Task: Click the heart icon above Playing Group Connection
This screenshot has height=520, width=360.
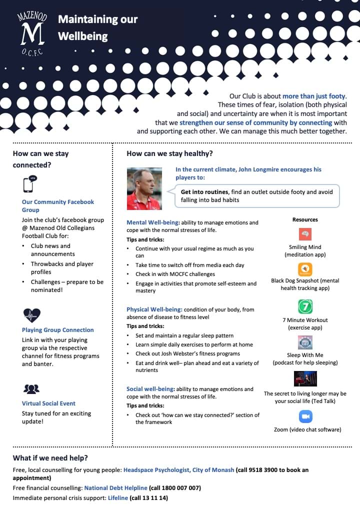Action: click(x=31, y=315)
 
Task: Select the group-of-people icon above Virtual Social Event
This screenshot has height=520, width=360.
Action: click(x=31, y=389)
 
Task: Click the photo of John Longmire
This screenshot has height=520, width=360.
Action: click(x=144, y=188)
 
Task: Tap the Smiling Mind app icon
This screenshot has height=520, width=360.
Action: click(x=305, y=234)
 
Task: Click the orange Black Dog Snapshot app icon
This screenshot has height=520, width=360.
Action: click(x=305, y=269)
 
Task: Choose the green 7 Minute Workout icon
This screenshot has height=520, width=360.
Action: click(x=305, y=306)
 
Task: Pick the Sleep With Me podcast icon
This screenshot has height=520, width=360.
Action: click(x=305, y=342)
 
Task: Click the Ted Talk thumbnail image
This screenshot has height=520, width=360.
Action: click(x=305, y=378)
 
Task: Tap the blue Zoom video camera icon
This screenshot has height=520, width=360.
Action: click(x=305, y=416)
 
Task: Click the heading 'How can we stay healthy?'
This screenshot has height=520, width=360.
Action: click(x=169, y=153)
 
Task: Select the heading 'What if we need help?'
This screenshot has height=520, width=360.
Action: click(x=50, y=458)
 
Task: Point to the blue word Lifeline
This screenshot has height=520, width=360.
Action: click(x=117, y=498)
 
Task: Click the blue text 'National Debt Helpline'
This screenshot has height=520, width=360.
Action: click(x=115, y=487)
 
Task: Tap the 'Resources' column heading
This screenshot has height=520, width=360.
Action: click(x=305, y=219)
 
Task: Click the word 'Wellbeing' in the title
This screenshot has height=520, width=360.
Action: click(x=82, y=36)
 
